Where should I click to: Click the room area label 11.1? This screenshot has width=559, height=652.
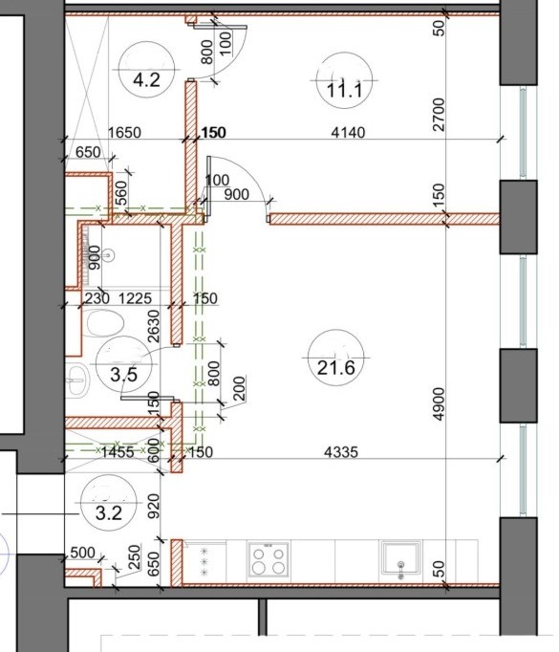tap(345, 90)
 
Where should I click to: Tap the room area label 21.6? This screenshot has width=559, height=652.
tap(335, 368)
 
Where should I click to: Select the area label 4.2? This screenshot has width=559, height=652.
tap(146, 79)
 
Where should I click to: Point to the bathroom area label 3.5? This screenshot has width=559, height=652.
tap(124, 375)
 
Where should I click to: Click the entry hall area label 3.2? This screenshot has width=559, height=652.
tap(109, 513)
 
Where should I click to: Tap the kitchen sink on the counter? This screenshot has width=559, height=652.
tap(400, 559)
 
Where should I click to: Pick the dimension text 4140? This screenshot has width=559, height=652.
tap(348, 132)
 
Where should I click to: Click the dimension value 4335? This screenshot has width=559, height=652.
tap(341, 452)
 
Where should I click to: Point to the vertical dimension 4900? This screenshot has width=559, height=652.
tap(439, 404)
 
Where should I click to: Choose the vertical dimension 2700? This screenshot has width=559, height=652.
tap(439, 115)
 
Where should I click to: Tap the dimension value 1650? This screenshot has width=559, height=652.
tap(124, 132)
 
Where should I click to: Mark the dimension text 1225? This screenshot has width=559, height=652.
tap(135, 298)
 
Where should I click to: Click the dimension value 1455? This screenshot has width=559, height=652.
tap(118, 452)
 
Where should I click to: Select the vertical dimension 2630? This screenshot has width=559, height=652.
tap(154, 326)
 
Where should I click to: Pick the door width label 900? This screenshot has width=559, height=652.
tap(236, 194)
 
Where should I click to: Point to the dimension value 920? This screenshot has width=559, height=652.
tap(154, 506)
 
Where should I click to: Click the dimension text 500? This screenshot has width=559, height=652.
tap(83, 553)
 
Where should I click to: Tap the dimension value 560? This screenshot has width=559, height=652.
tap(121, 193)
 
